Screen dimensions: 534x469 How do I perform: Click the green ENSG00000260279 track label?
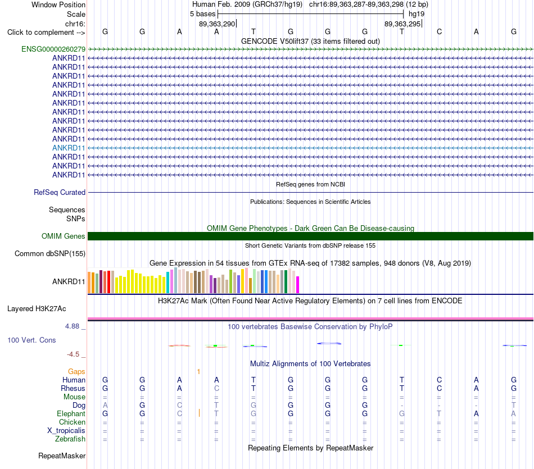tap(53, 49)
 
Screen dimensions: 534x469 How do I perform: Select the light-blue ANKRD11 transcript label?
tap(69, 148)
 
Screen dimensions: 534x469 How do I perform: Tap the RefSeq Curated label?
tap(60, 192)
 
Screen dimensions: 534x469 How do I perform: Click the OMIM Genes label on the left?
tap(64, 236)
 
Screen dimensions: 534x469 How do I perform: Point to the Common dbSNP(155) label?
tap(50, 253)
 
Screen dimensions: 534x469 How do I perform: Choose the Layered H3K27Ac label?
tap(37, 309)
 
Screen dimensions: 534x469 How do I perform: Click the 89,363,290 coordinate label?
tap(217, 24)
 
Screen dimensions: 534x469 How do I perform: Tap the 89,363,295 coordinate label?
tap(402, 24)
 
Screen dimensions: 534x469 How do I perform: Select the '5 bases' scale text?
tap(202, 14)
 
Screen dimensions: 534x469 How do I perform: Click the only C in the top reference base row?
tap(440, 31)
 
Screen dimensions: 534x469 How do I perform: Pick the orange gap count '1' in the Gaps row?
tap(198, 372)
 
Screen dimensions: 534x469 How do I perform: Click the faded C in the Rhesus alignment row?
tap(216, 388)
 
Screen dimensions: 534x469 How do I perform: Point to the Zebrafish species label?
tap(70, 439)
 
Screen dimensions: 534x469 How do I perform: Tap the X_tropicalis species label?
tap(66, 431)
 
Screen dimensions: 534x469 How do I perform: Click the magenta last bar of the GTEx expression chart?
tap(298, 285)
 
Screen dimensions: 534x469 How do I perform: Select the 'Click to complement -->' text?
tap(46, 33)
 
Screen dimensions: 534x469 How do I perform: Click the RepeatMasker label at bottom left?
tap(62, 456)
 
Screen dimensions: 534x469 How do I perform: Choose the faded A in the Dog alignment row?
tap(105, 405)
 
